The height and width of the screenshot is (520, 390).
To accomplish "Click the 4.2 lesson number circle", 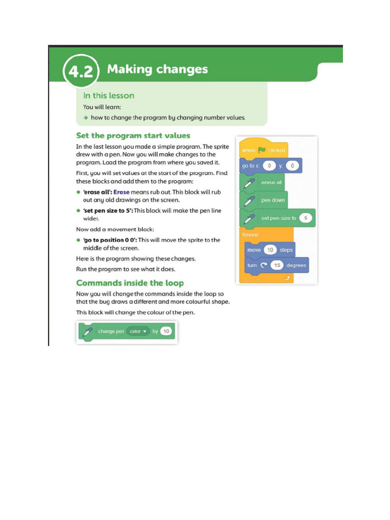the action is click(81, 71).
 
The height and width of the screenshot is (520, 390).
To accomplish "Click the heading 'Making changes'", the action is click(157, 69).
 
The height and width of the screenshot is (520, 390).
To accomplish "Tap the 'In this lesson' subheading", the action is click(109, 95).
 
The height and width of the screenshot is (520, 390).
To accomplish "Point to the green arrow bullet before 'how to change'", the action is click(85, 118).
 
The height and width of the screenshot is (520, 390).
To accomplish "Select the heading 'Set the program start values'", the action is click(133, 136).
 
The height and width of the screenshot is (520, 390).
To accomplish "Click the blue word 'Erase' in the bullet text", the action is click(121, 192).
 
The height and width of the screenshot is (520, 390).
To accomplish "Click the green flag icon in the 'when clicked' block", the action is click(262, 150).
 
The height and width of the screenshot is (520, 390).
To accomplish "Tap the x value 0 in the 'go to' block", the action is click(269, 166).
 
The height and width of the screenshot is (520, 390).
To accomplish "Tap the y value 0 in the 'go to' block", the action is click(292, 166).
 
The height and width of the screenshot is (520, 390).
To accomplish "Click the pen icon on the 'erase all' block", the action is click(249, 183).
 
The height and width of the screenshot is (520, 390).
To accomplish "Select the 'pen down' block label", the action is click(273, 200).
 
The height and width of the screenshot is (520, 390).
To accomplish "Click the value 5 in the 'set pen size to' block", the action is click(305, 218).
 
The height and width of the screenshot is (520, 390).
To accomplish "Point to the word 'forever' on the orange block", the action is click(250, 235).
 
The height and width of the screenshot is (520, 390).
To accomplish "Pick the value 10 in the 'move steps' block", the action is click(270, 250).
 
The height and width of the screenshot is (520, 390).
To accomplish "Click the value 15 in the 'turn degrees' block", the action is click(277, 265).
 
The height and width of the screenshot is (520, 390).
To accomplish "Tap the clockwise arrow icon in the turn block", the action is click(264, 265).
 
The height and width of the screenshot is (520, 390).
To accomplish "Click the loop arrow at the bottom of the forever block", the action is click(287, 278).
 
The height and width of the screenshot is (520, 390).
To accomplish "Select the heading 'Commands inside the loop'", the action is click(130, 283).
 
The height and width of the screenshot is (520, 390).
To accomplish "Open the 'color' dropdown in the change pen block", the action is click(138, 331).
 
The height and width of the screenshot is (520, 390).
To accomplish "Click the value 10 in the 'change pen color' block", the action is click(166, 331).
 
